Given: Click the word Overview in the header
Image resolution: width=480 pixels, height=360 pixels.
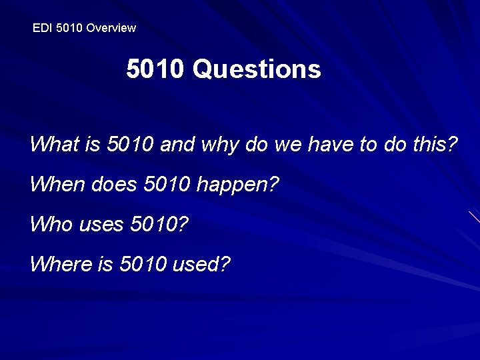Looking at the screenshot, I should pyautogui.click(x=111, y=28).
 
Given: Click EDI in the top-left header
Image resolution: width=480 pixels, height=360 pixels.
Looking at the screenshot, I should pyautogui.click(x=41, y=28).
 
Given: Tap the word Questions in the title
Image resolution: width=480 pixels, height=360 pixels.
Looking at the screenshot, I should pyautogui.click(x=257, y=69).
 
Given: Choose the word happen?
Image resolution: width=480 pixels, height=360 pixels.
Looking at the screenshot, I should pyautogui.click(x=237, y=185).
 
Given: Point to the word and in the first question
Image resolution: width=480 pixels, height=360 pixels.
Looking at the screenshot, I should pyautogui.click(x=175, y=144).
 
